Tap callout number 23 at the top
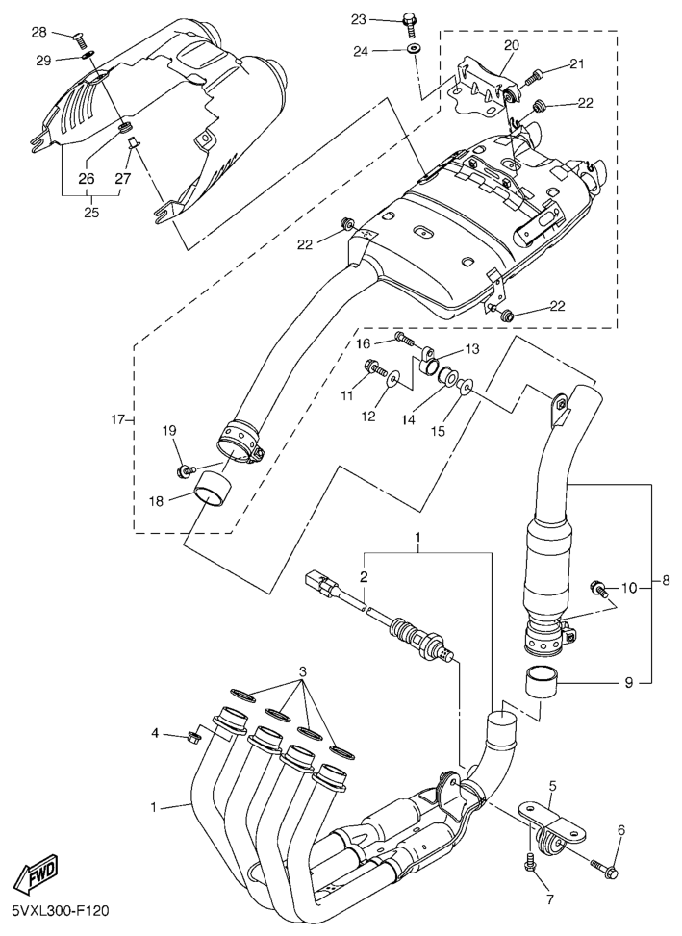click(x=359, y=19)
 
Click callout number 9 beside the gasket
click(x=629, y=683)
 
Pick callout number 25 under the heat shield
click(x=91, y=213)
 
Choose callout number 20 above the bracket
click(x=511, y=45)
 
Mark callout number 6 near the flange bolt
click(x=621, y=829)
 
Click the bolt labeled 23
click(x=410, y=21)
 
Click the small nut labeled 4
click(x=192, y=737)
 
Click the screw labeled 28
click(x=80, y=39)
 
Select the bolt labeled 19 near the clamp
click(x=183, y=468)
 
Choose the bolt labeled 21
click(x=537, y=74)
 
